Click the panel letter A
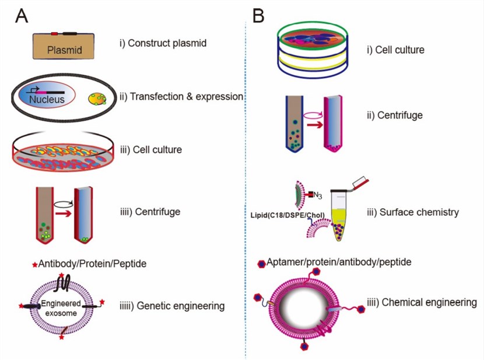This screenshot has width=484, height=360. click(22, 16)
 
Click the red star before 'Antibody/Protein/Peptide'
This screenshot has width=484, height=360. click(34, 265)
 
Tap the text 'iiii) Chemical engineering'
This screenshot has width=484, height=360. click(422, 302)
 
